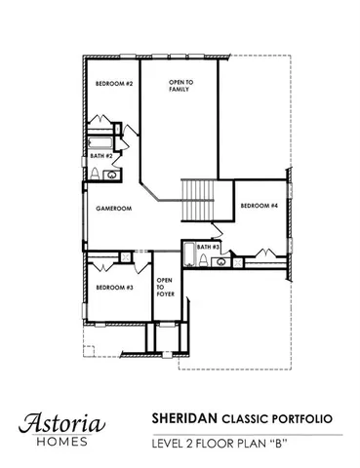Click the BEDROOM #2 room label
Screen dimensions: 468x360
[113, 84]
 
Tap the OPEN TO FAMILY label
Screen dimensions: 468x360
[179, 86]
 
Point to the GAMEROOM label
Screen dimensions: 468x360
[113, 209]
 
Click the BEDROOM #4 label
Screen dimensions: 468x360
[260, 206]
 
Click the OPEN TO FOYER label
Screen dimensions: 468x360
[166, 289]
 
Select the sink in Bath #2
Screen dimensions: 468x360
[111, 175]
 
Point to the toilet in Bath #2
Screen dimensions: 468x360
[95, 174]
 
